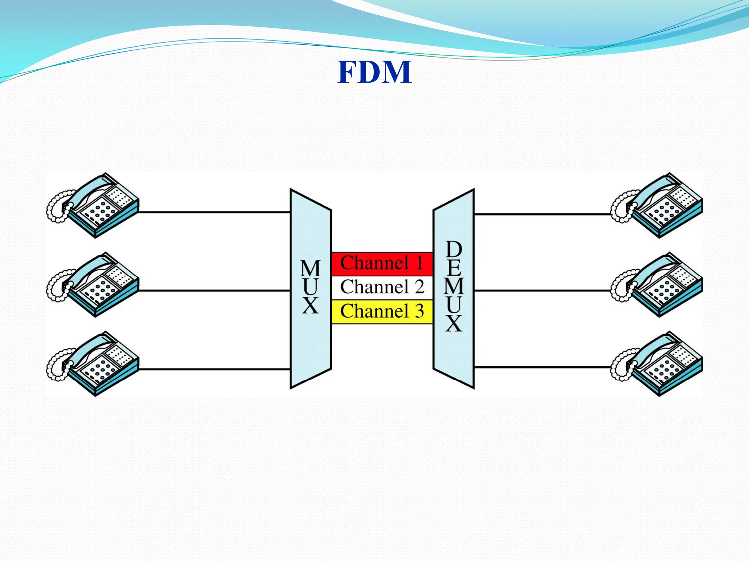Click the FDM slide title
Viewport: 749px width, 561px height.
pos(374,72)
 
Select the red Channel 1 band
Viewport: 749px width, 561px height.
pos(382,263)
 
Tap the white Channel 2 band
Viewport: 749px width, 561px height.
pos(382,287)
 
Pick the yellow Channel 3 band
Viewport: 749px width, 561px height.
pos(382,312)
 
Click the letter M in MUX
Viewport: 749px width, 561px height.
pos(310,268)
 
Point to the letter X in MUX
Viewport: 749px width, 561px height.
pos(310,306)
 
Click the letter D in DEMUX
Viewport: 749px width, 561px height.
pos(454,249)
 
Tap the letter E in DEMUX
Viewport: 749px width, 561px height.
pos(454,268)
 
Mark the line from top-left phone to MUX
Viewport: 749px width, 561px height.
pos(214,212)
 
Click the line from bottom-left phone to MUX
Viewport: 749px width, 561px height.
pos(214,369)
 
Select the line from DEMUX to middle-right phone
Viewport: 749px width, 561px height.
pos(541,291)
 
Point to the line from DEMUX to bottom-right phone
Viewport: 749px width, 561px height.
pos(541,367)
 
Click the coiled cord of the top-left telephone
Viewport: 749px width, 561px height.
pos(55,208)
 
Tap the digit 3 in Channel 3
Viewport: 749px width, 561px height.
pos(419,312)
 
